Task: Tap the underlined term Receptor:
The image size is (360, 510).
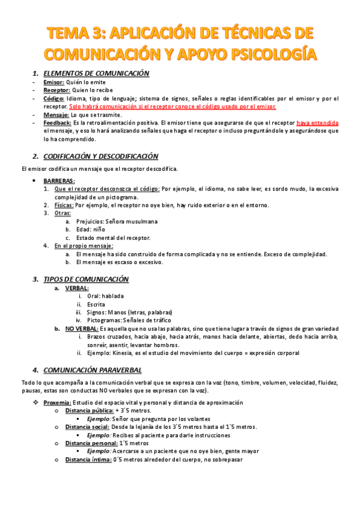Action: tap(57, 89)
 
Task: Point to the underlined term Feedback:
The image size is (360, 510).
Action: tap(58, 123)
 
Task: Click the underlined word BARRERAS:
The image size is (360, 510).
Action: tap(59, 180)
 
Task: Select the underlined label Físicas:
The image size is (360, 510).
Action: tap(64, 205)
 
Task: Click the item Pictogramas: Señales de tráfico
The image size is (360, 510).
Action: tap(129, 321)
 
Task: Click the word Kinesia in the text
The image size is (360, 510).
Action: tap(125, 354)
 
